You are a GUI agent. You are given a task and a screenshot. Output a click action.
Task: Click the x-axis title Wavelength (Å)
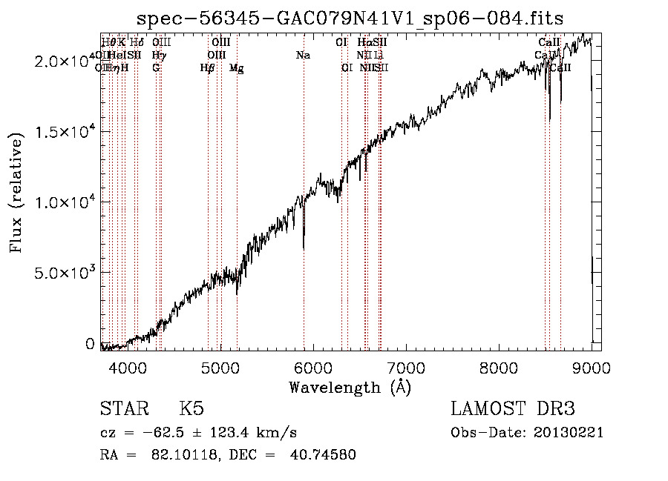click(x=350, y=387)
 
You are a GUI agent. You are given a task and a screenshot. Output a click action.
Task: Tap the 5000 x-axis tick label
click(x=219, y=367)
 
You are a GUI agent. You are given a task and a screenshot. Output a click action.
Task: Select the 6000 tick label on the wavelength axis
click(x=312, y=367)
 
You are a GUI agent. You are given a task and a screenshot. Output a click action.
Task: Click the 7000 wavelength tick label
click(x=405, y=367)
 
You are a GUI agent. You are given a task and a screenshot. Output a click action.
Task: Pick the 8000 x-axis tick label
click(x=499, y=367)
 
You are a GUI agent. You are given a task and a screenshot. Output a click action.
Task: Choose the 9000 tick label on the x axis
click(x=592, y=367)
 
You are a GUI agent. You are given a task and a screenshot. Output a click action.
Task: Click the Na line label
click(x=303, y=56)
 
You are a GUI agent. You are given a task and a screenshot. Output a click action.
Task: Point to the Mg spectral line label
click(x=236, y=68)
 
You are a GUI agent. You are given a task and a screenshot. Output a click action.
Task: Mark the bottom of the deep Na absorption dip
click(x=304, y=249)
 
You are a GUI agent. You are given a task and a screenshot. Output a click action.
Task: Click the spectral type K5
click(x=191, y=409)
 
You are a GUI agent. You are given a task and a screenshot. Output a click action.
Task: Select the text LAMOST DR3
click(x=513, y=409)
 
